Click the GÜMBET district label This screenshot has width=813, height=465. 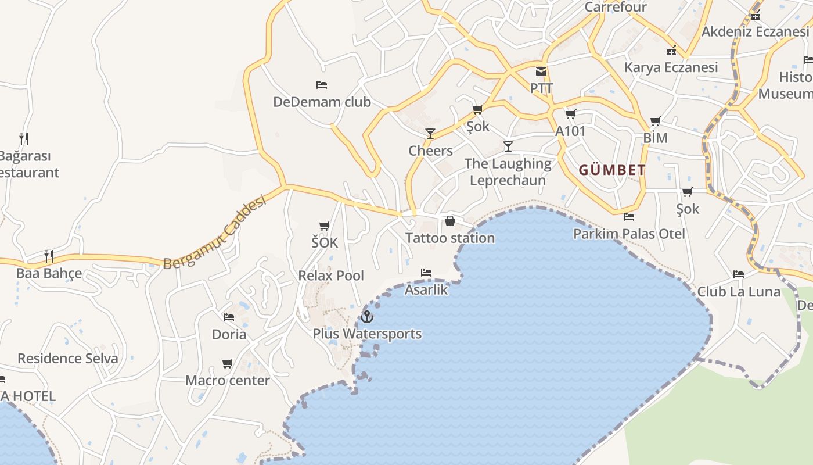click(612, 170)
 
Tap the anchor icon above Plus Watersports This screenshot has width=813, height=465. click(366, 317)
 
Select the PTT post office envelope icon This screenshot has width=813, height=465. click(541, 71)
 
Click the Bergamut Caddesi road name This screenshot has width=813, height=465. click(215, 233)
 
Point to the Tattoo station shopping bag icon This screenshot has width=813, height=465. click(449, 221)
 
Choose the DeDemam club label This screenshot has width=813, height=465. click(322, 102)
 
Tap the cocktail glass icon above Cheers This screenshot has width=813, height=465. click(430, 134)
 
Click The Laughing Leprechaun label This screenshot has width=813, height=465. click(508, 172)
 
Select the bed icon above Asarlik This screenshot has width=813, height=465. click(426, 273)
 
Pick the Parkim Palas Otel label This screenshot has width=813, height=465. click(629, 234)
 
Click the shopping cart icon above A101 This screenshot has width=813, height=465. click(570, 114)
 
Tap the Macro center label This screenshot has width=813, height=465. click(228, 381)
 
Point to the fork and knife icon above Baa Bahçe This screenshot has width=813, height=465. click(49, 256)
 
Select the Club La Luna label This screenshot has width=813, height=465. click(739, 292)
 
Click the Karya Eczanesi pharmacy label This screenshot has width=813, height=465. click(671, 67)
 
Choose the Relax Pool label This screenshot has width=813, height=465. click(331, 276)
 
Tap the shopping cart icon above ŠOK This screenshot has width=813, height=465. click(325, 226)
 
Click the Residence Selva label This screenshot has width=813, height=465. click(68, 359)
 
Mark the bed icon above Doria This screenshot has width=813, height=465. click(229, 317)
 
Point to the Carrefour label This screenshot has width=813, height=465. click(616, 7)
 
